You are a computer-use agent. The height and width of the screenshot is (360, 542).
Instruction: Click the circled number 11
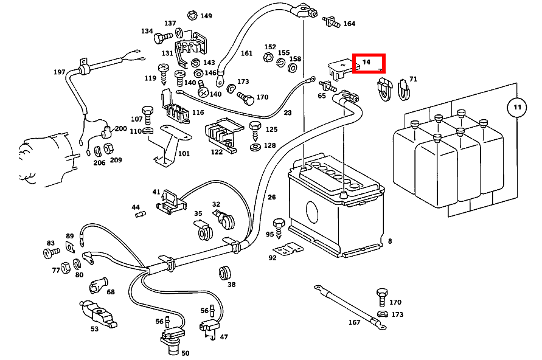[x=517, y=108]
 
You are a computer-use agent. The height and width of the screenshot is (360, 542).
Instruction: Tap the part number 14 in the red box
[x=366, y=62]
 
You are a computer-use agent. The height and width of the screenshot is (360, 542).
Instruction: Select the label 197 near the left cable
[x=59, y=72]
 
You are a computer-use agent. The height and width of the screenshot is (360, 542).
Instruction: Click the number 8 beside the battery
[x=390, y=241]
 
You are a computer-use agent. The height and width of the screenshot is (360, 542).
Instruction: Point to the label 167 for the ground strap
[x=355, y=322]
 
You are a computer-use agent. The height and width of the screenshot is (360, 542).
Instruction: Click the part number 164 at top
[x=349, y=24]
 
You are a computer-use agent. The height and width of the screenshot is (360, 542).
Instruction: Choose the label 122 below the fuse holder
[x=217, y=152]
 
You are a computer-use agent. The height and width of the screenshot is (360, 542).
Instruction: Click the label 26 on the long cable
[x=271, y=196]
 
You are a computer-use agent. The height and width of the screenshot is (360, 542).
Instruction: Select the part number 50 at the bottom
[x=186, y=353]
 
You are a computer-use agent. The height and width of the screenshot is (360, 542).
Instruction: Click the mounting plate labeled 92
[x=287, y=249]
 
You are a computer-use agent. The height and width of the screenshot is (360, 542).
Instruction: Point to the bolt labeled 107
[x=147, y=114]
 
